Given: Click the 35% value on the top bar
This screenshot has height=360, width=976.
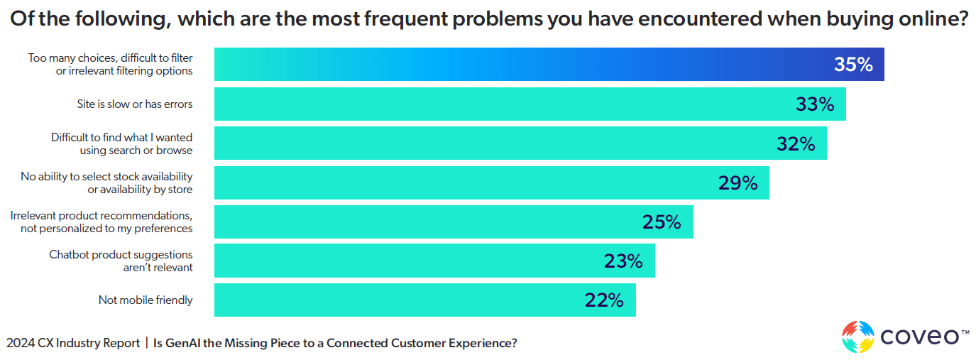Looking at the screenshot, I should click(x=852, y=65).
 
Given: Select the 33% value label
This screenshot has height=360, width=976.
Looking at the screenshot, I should click(x=815, y=104).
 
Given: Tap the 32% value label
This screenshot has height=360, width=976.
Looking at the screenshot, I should click(x=796, y=144).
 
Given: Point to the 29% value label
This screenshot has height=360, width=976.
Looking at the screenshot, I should click(x=738, y=183).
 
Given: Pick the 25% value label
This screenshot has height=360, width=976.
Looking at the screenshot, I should click(x=662, y=222).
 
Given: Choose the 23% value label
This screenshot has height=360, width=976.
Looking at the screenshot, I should click(x=623, y=261).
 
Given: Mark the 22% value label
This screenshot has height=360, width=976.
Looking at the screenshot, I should click(x=604, y=300).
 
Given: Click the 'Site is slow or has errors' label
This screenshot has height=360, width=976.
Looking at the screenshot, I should click(x=135, y=104).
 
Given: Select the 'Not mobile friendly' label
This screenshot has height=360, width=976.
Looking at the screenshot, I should click(x=146, y=300).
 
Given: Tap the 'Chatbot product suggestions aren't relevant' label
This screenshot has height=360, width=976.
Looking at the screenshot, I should click(x=121, y=261).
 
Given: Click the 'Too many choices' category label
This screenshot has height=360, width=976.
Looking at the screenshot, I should click(x=111, y=65).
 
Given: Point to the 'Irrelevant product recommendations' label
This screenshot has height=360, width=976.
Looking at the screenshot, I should click(x=102, y=222).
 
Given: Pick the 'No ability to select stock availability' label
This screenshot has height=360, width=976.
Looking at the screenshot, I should click(x=106, y=183).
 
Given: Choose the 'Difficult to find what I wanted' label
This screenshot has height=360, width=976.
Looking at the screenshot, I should click(x=121, y=144).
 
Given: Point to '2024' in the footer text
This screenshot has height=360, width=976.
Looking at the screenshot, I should click(x=21, y=344).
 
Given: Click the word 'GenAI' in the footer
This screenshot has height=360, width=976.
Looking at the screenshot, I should click(x=183, y=344).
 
